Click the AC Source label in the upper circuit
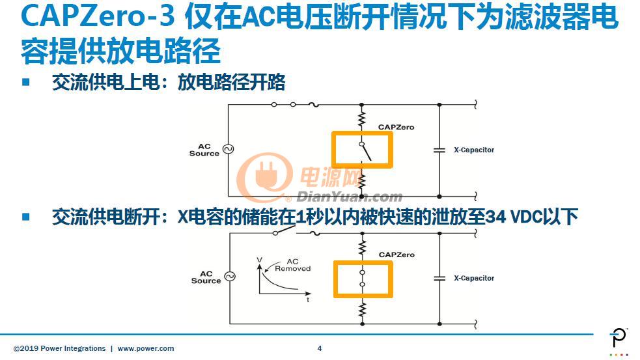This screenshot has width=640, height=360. point(204,150)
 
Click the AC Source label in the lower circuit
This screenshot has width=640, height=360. point(206,277)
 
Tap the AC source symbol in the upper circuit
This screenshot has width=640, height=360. point(229,149)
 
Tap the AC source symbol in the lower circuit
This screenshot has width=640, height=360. point(230,276)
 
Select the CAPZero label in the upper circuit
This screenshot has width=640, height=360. point(396,127)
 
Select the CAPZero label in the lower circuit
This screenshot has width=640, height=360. point(397,255)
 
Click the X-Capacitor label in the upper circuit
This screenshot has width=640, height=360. point(474,150)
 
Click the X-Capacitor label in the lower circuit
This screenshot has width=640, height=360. point(474,278)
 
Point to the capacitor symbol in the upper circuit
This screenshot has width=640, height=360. point(439,150)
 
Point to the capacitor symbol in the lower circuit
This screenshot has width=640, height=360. point(439,279)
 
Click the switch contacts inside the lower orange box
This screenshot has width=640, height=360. point(363,279)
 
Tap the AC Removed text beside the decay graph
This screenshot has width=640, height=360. point(292,265)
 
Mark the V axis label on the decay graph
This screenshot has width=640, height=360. point(259,260)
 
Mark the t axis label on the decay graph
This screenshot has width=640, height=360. point(308,300)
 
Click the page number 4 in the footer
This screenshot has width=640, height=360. point(320,348)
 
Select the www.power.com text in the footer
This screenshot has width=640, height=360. point(146,348)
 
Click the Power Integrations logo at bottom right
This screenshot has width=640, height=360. point(619,342)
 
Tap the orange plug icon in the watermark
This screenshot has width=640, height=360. point(265,176)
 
